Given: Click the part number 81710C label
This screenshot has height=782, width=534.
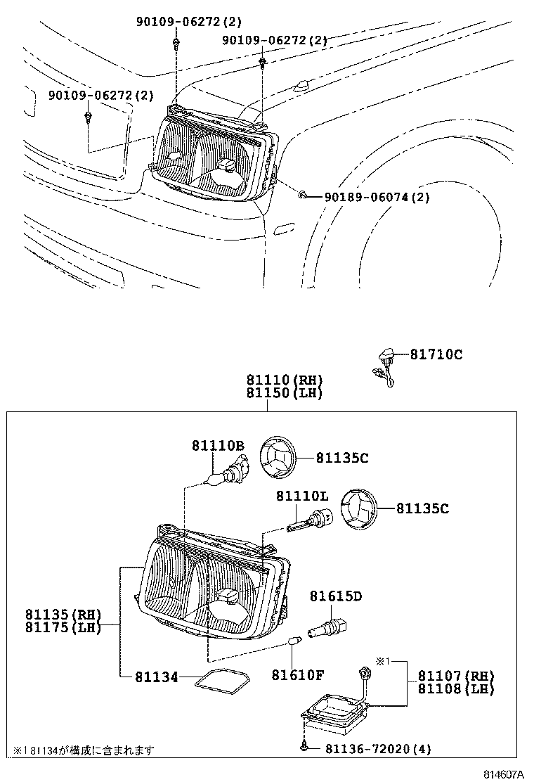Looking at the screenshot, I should [x=436, y=355].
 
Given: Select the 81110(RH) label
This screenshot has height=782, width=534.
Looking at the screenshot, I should [x=284, y=380].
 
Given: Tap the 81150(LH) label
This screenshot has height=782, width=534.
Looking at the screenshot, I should [x=284, y=392].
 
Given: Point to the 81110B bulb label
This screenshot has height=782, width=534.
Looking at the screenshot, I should [x=218, y=445].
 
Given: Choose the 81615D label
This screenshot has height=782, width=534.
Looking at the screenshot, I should [x=336, y=596].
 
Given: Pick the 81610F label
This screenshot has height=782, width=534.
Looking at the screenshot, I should [x=298, y=676].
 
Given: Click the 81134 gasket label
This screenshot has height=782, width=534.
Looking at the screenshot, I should [x=152, y=677].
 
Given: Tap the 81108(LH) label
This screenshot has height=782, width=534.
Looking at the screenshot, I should [x=456, y=689].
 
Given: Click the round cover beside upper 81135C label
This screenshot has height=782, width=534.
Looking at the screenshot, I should [x=280, y=458].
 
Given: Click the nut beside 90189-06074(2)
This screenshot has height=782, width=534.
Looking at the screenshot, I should [x=301, y=194].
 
